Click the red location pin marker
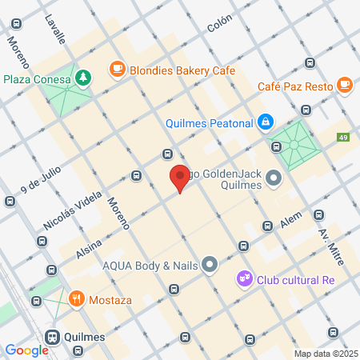pyautogui.click(x=180, y=178)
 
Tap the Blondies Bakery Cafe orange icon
pyautogui.click(x=118, y=70)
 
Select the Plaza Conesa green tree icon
pyautogui.click(x=83, y=78)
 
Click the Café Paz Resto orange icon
pyautogui.click(x=345, y=83)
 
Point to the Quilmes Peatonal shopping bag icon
pyautogui.click(x=266, y=122)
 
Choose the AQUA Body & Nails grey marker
pyautogui.click(x=210, y=263)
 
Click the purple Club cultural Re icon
pyautogui.click(x=244, y=279)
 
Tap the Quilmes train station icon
pyautogui.click(x=53, y=336)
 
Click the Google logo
pyautogui.click(x=26, y=350)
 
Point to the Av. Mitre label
pyautogui.click(x=330, y=242)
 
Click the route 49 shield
pyautogui.click(x=343, y=137)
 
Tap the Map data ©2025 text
pyautogui.click(x=325, y=353)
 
